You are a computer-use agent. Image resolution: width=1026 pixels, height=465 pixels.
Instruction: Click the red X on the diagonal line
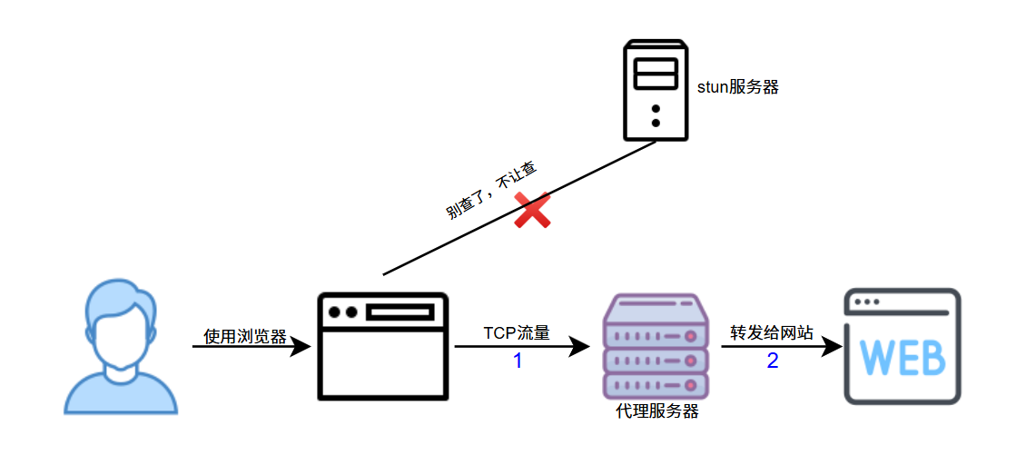tap(533, 210)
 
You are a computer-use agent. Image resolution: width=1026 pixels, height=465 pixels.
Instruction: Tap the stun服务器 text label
tap(737, 87)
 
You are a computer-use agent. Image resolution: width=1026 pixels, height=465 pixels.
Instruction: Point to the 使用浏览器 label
tap(244, 337)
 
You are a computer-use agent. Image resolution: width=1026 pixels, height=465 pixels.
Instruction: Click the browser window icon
tap(383, 346)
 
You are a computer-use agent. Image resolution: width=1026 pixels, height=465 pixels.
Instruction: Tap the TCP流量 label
tap(516, 333)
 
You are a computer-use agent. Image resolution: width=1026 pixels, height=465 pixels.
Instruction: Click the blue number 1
tap(518, 361)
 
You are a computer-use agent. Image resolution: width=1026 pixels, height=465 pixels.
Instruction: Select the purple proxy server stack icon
tap(655, 346)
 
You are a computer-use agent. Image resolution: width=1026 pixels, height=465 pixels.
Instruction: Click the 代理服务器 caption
tap(656, 411)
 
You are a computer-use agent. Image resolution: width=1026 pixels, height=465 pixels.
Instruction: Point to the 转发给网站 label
tap(772, 332)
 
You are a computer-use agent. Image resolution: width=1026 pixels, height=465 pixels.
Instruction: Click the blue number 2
tap(773, 361)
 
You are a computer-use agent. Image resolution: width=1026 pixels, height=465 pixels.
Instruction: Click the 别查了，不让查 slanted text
tap(491, 192)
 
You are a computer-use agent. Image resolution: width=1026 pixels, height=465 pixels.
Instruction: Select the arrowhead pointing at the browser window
tap(301, 346)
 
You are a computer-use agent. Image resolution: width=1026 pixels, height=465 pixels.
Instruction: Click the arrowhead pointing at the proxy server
tap(580, 346)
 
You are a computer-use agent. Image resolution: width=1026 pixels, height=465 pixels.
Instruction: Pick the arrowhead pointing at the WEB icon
tap(830, 346)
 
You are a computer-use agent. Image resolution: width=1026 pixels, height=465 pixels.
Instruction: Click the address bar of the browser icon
tap(400, 312)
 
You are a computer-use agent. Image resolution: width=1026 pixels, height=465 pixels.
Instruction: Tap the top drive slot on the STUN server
tap(655, 66)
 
